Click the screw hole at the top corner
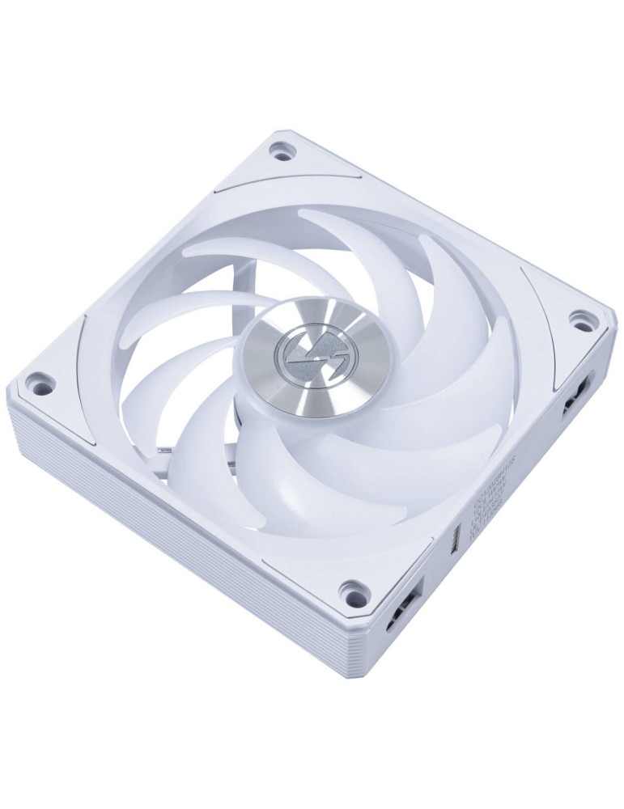[x=281, y=150]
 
